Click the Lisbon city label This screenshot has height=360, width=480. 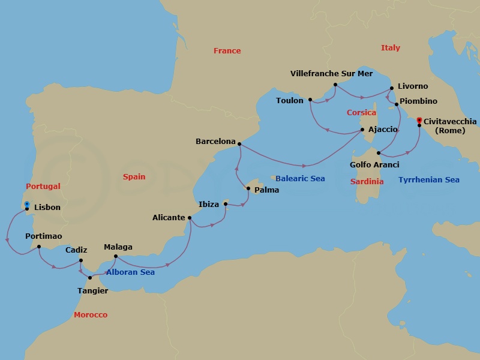[x=47, y=208]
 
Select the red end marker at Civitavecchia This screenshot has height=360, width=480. [x=419, y=121]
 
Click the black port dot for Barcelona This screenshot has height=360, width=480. [x=239, y=143]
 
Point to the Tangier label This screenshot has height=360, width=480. [x=93, y=291]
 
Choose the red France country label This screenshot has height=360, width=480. [x=227, y=51]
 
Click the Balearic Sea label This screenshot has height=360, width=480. [x=300, y=179]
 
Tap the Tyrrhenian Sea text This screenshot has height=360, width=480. [x=429, y=179]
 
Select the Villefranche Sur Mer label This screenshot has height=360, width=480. [x=331, y=73]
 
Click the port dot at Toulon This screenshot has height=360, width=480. [x=310, y=100]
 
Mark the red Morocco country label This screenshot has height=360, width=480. [x=90, y=315]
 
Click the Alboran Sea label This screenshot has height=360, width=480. [x=131, y=272]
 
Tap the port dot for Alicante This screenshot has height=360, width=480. [x=190, y=218]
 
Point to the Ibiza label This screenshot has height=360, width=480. [x=209, y=205]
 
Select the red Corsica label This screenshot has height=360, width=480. [x=361, y=113]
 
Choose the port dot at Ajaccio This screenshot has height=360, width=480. [x=362, y=129]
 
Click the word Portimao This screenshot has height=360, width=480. [x=44, y=236]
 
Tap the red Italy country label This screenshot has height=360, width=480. [x=390, y=48]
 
